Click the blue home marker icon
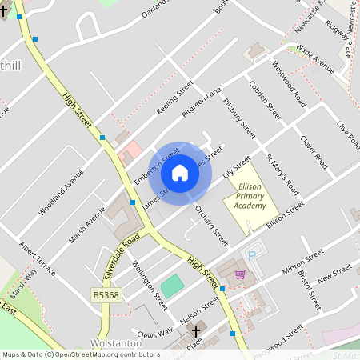click(180, 173)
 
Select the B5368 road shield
click(106, 295)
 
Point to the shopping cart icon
click(239, 274)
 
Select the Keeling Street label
click(175, 98)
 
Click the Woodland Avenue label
click(61, 192)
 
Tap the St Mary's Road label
click(282, 174)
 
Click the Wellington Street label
click(150, 284)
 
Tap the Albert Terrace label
click(38, 259)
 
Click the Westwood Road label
click(289, 84)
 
